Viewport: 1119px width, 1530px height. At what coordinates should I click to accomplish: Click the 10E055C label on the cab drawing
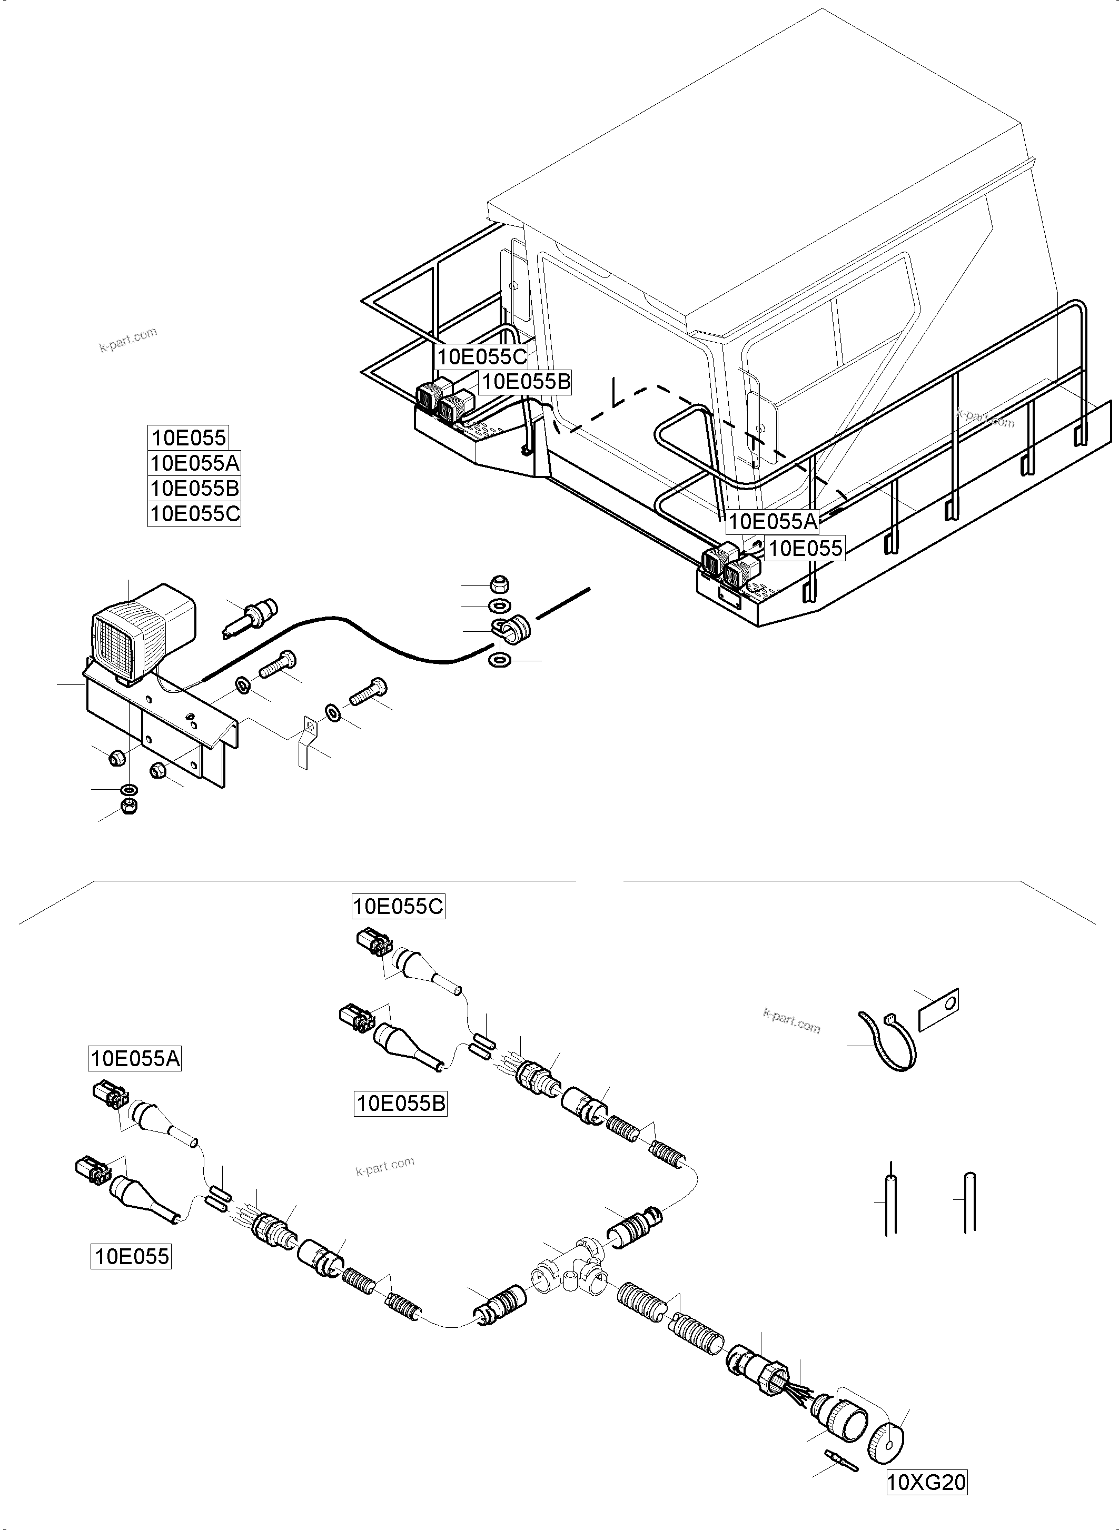click(x=482, y=356)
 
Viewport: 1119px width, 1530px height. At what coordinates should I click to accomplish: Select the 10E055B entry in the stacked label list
click(x=194, y=489)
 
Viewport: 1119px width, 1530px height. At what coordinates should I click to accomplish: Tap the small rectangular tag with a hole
click(x=938, y=1009)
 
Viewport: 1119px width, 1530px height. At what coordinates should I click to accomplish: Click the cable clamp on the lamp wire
click(x=511, y=628)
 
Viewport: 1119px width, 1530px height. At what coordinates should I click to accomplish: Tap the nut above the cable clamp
click(x=499, y=584)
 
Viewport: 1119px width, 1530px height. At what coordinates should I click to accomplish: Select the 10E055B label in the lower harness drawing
click(x=401, y=1104)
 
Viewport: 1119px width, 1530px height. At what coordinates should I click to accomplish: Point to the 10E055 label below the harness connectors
click(x=132, y=1256)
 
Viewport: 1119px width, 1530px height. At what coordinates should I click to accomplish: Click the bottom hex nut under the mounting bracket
click(x=128, y=806)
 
